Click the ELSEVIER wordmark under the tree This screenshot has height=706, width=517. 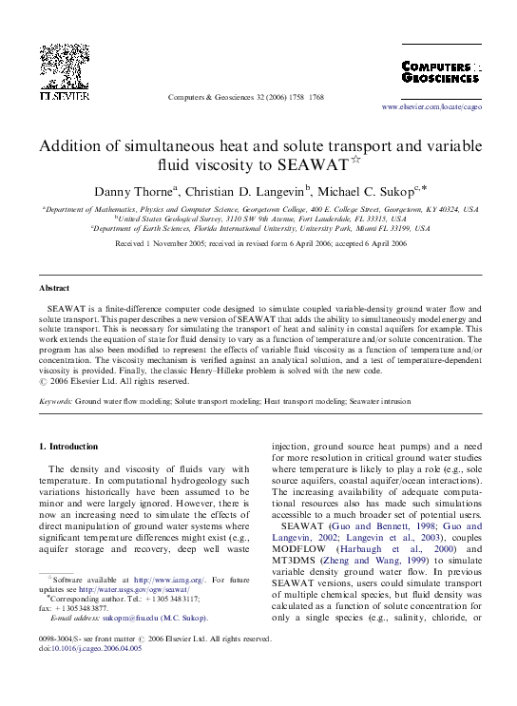point(64,97)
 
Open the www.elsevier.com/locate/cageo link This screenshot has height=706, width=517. point(431,107)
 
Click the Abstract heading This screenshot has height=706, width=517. point(54,287)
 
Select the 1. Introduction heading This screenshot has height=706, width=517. point(72,447)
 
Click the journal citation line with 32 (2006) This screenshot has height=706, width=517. point(245,98)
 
